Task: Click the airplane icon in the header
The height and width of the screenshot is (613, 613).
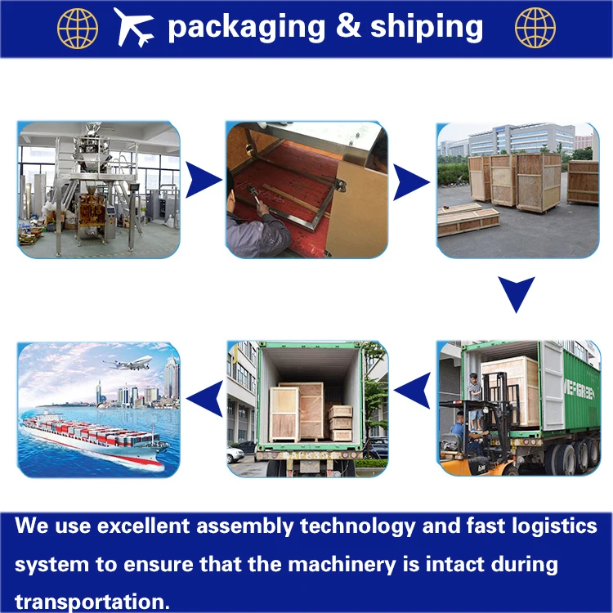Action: tap(134, 27)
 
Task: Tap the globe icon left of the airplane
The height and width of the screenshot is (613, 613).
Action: tap(77, 27)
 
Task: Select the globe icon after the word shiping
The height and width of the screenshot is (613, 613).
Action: tap(535, 27)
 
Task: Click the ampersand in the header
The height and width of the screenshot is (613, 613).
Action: tap(347, 27)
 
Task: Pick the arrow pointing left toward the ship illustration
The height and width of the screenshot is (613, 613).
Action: tap(204, 398)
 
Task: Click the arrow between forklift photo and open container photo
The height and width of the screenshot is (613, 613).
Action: tap(411, 390)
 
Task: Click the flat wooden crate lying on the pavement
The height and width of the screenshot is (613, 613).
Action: tap(468, 221)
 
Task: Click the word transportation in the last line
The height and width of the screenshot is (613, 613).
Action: tap(92, 602)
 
